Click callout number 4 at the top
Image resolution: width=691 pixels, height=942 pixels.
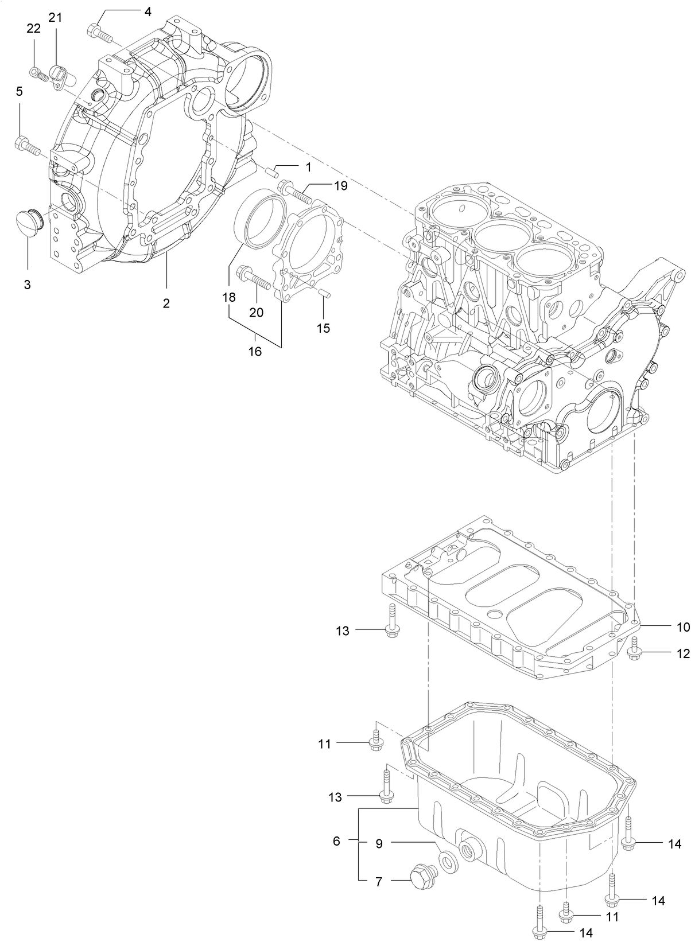click(x=147, y=11)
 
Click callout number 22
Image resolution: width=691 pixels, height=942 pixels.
click(x=34, y=28)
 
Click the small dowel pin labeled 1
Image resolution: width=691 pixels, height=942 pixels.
click(x=274, y=170)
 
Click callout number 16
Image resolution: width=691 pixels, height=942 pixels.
click(x=254, y=351)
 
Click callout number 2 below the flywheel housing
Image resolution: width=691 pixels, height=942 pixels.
click(x=166, y=303)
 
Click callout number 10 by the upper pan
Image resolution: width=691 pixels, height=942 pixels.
click(x=682, y=627)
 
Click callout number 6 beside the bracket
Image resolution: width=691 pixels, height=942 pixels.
click(x=336, y=841)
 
